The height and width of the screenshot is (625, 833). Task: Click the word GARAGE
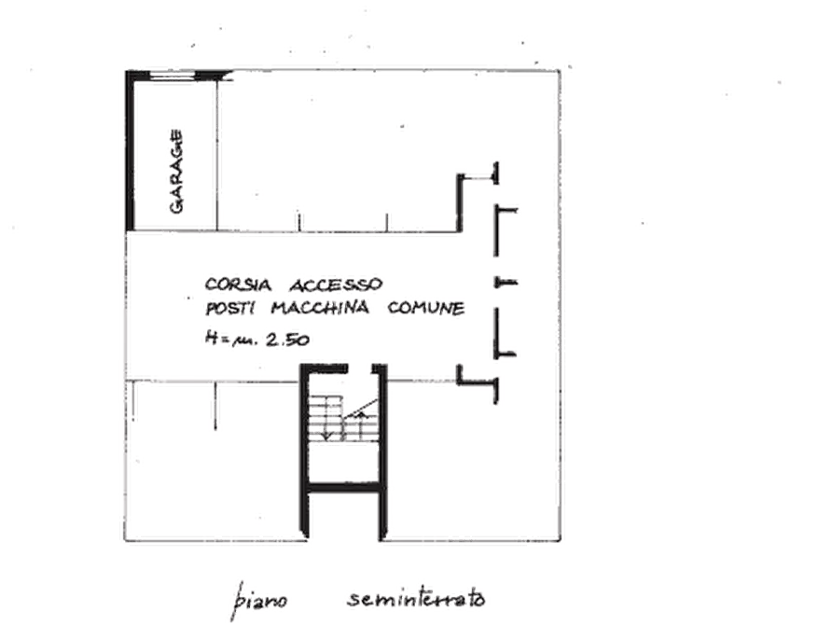pos(176,172)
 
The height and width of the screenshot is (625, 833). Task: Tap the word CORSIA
pos(238,285)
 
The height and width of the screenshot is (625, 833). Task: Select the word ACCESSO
pos(336,285)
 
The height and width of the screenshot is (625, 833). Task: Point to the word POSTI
pos(231,308)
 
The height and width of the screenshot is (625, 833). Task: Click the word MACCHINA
pos(320,308)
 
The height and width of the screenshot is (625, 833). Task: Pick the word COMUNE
pos(426,308)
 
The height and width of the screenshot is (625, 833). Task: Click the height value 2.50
pos(287,340)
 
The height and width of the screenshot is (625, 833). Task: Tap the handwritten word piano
pos(260,601)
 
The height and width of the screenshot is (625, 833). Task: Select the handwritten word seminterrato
pos(416,599)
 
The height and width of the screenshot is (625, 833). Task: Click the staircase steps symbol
pos(344,418)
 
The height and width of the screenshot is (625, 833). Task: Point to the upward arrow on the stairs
pos(362,424)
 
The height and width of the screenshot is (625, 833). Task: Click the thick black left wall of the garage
pos(130,150)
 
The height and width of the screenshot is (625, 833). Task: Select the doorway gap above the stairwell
pos(360,368)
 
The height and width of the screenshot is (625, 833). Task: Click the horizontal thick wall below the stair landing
pos(344,487)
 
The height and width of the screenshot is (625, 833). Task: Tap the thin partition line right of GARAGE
pos(216,155)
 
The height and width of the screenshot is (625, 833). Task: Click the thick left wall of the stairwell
pos(304,451)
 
